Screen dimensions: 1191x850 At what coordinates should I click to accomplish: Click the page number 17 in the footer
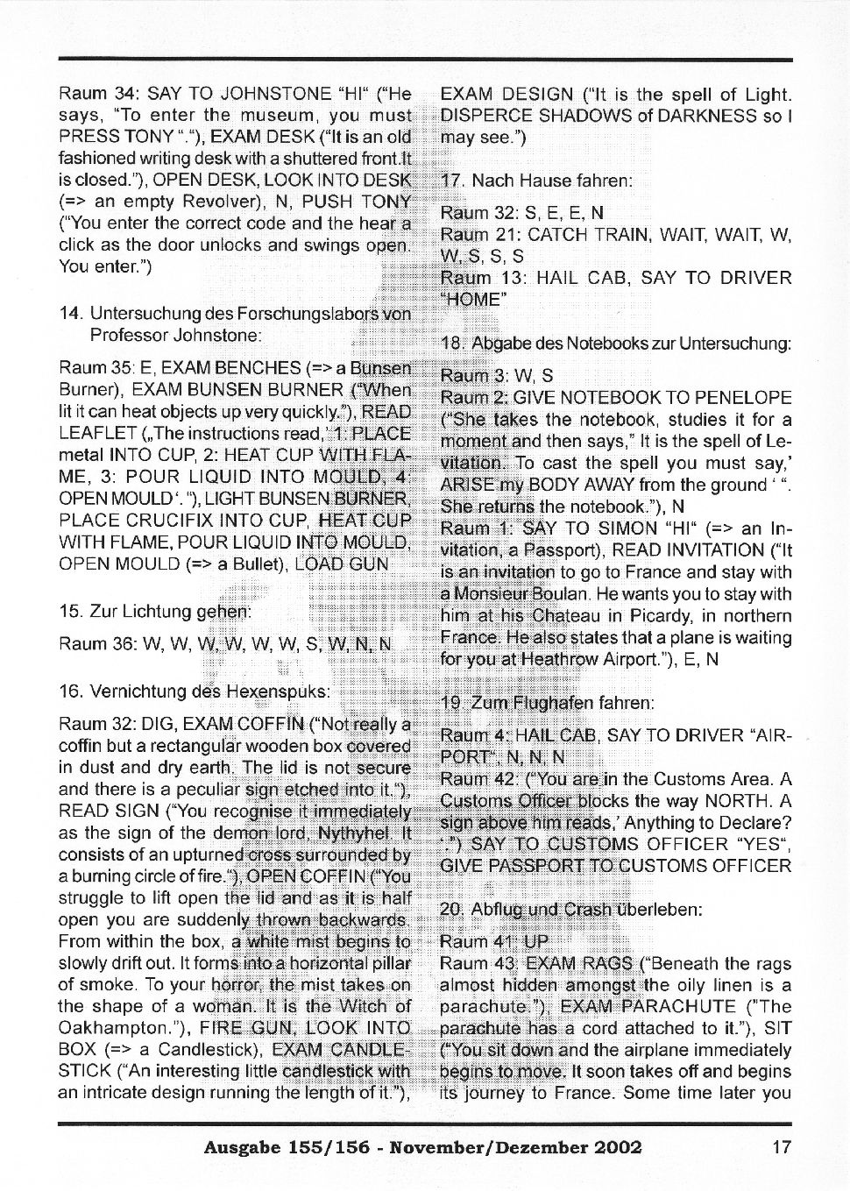(x=782, y=1147)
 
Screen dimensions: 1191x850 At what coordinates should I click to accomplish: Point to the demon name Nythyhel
(x=358, y=833)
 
